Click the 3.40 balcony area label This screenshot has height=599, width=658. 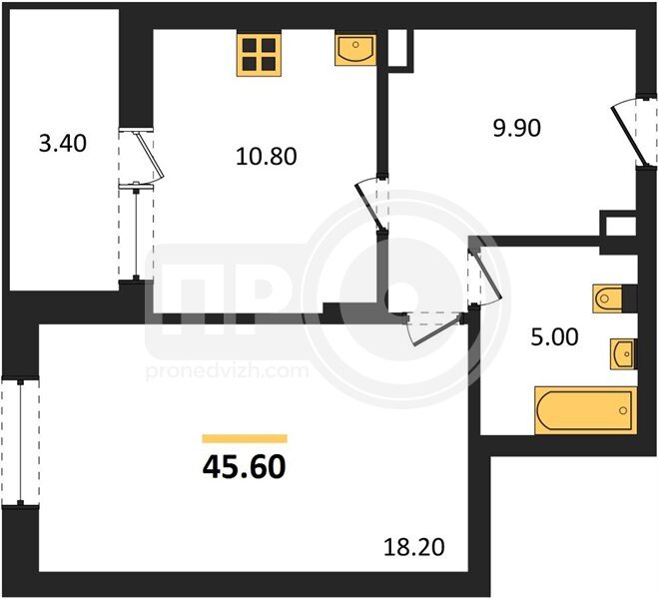[x=63, y=144]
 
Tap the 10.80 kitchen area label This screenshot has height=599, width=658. [x=267, y=157]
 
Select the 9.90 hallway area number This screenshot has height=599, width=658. [x=516, y=128]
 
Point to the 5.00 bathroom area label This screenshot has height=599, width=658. [x=554, y=336]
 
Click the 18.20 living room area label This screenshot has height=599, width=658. [x=414, y=547]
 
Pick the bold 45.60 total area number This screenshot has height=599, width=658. [x=245, y=467]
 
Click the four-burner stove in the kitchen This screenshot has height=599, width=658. [x=259, y=55]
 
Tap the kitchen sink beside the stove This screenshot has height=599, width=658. [x=355, y=50]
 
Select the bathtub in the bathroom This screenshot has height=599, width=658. [x=585, y=410]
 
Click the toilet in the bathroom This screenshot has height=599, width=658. [x=607, y=299]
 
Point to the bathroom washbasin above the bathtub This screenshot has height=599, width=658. [x=623, y=354]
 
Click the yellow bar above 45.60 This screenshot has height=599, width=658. [x=245, y=438]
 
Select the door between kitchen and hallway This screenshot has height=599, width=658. [x=372, y=204]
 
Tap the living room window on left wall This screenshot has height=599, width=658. [x=20, y=442]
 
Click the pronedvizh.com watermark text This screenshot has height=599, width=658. [x=227, y=371]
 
